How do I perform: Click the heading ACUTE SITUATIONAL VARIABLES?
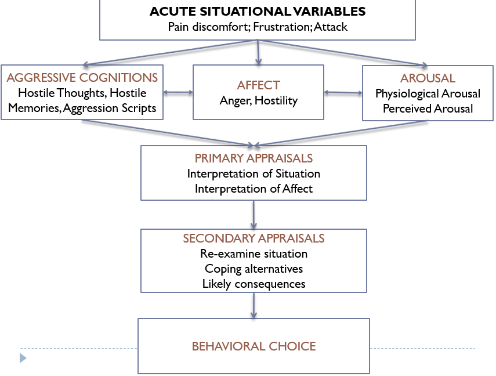click(x=257, y=12)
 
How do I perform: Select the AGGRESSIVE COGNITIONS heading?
click(x=82, y=78)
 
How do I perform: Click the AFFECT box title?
click(x=258, y=85)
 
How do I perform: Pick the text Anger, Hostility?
click(x=258, y=100)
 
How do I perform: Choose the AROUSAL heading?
click(x=428, y=78)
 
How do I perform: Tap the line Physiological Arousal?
click(x=428, y=93)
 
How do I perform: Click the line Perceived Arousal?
click(x=428, y=109)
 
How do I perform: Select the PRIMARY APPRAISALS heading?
click(x=254, y=158)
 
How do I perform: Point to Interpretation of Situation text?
click(x=254, y=173)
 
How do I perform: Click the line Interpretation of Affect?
click(x=254, y=189)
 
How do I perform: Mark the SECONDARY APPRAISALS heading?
click(x=254, y=238)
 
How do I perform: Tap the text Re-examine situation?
click(x=254, y=254)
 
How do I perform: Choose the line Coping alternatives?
click(x=254, y=269)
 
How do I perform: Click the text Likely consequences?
click(x=254, y=284)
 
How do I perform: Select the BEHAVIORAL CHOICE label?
click(x=254, y=346)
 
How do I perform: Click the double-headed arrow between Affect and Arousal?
click(x=343, y=92)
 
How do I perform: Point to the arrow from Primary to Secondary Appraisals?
click(x=254, y=214)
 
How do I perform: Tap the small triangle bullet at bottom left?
click(x=23, y=358)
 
